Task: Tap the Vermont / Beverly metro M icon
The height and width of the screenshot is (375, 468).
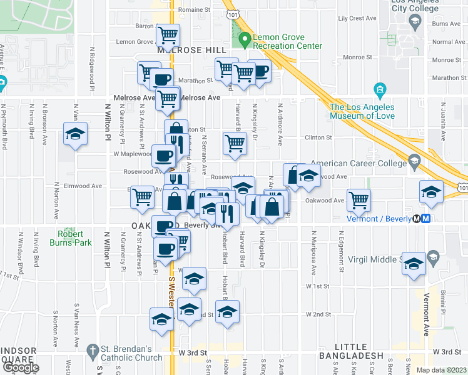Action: [425, 219]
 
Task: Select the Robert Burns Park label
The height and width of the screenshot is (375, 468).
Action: [70, 242]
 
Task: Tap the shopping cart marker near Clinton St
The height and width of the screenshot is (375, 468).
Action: [235, 142]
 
